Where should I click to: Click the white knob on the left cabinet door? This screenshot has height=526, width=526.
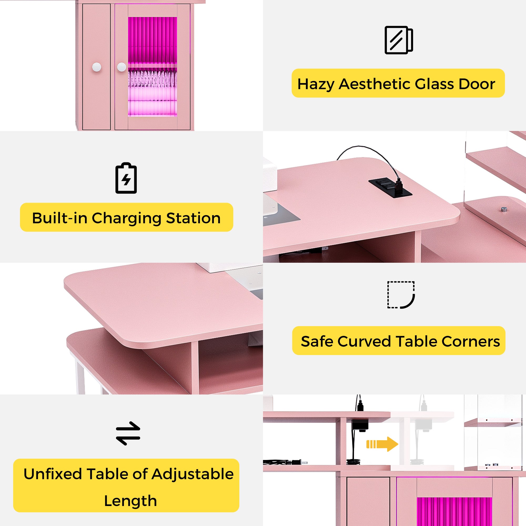tap(97, 67)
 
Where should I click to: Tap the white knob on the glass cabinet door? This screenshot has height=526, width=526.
tap(122, 67)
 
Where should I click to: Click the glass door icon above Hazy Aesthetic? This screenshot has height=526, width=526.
tap(399, 40)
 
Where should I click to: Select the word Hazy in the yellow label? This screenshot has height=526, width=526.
tap(316, 84)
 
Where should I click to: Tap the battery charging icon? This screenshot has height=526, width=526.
tap(126, 178)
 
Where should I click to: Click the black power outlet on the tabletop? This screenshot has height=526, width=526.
tap(390, 186)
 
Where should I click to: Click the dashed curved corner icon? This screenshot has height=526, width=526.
tap(401, 295)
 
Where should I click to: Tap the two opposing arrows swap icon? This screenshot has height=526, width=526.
tap(128, 433)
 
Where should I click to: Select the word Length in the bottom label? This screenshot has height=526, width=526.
tap(130, 501)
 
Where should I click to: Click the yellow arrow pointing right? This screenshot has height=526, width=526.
tap(382, 444)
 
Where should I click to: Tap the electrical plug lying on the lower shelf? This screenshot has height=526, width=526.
tap(298, 462)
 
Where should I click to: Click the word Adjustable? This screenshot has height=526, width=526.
tap(193, 474)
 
